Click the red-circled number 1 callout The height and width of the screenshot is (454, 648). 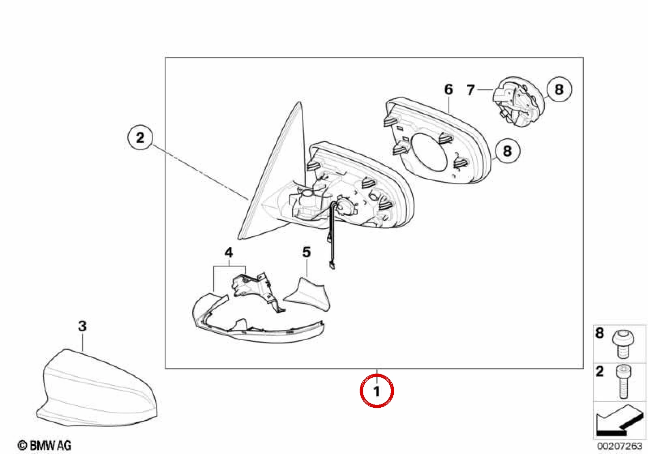tap(377, 391)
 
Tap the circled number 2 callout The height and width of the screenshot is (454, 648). tap(140, 137)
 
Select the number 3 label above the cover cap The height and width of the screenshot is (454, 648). tap(82, 326)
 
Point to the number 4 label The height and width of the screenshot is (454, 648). tap(229, 253)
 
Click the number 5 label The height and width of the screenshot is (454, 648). tap(307, 252)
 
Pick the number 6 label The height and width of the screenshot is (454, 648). tap(448, 89)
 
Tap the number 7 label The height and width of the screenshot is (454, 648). tap(471, 90)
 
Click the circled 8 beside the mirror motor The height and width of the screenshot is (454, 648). tap(559, 89)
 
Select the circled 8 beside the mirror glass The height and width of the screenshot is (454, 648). tap(507, 151)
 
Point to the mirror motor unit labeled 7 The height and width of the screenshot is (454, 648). tap(518, 102)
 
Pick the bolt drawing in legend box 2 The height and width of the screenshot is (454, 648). tap(624, 381)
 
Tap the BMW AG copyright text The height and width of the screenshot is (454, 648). tap(44, 445)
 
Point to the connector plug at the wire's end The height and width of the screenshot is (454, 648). tap(332, 265)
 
